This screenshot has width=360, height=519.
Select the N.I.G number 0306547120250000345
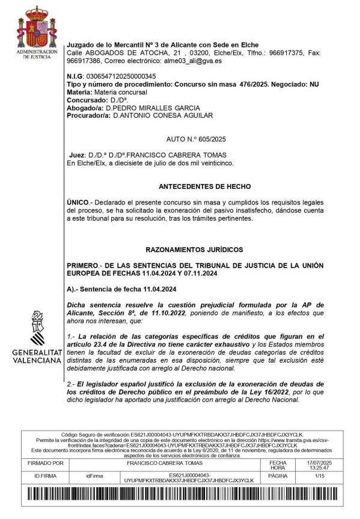[121, 76]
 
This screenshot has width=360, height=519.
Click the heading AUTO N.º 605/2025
[201, 140]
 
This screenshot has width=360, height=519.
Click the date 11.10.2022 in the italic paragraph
[168, 313]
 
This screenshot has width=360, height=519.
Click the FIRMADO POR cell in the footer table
[46, 464]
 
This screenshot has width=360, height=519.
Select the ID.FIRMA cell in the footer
[46, 476]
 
